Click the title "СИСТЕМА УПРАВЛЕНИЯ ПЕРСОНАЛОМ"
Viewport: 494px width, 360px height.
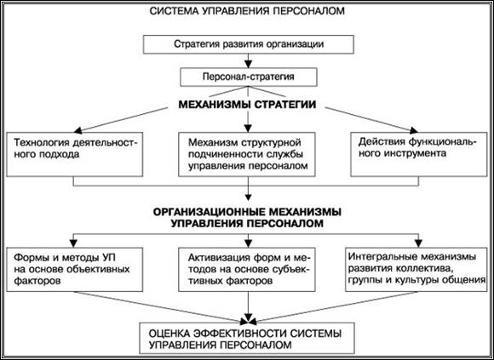point(247,11)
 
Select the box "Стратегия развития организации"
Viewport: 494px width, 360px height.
point(248,44)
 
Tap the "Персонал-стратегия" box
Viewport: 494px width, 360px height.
point(248,77)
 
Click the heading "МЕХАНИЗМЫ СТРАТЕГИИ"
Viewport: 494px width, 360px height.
point(247,105)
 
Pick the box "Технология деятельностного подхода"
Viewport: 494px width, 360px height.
point(75,154)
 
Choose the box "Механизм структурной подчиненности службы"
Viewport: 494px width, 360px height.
point(247,154)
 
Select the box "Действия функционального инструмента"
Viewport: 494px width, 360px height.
point(419,154)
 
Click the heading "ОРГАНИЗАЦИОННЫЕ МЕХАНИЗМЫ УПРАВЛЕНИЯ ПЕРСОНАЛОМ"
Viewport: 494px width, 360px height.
point(247,218)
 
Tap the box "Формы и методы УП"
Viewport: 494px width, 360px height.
point(75,270)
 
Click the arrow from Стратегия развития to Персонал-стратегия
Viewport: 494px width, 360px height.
point(248,60)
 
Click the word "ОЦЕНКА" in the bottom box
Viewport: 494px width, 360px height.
point(169,334)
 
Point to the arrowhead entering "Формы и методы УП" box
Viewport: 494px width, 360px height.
point(74,243)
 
